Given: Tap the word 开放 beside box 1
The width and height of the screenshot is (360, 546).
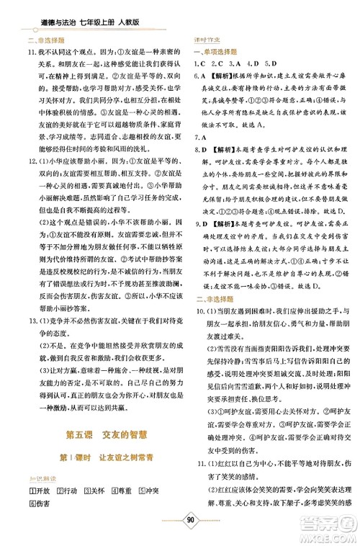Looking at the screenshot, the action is pos(44,490).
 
